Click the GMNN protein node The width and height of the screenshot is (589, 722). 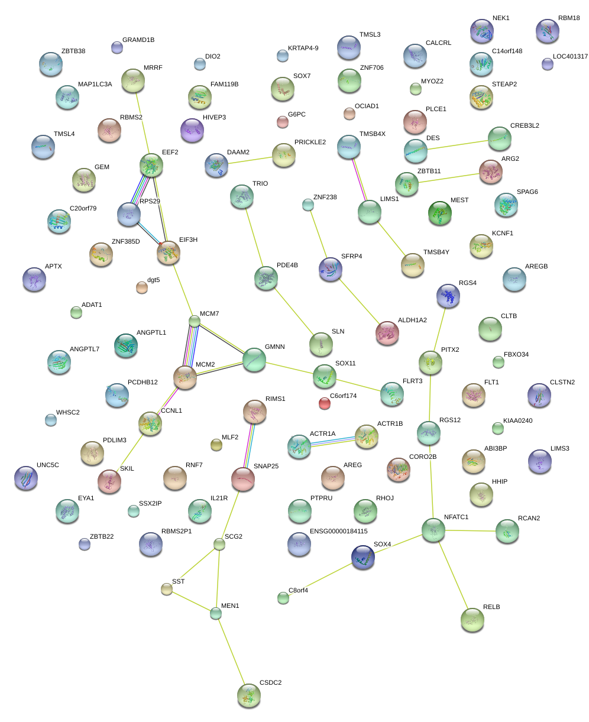coord(254,360)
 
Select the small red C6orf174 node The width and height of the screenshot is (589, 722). coord(324,403)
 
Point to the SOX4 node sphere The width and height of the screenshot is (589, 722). coord(363,557)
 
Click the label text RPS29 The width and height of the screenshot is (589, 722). coord(150,201)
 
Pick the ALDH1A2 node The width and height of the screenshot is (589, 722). coord(387,334)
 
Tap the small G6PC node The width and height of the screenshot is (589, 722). coord(283,122)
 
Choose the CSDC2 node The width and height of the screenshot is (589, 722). coord(249,695)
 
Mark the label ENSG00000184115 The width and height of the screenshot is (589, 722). coord(338,531)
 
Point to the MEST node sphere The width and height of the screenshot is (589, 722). coord(439,213)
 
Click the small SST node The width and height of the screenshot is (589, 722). coord(167,588)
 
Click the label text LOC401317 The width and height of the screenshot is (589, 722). coord(570,57)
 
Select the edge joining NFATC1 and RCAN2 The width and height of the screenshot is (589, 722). coord(471,531)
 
